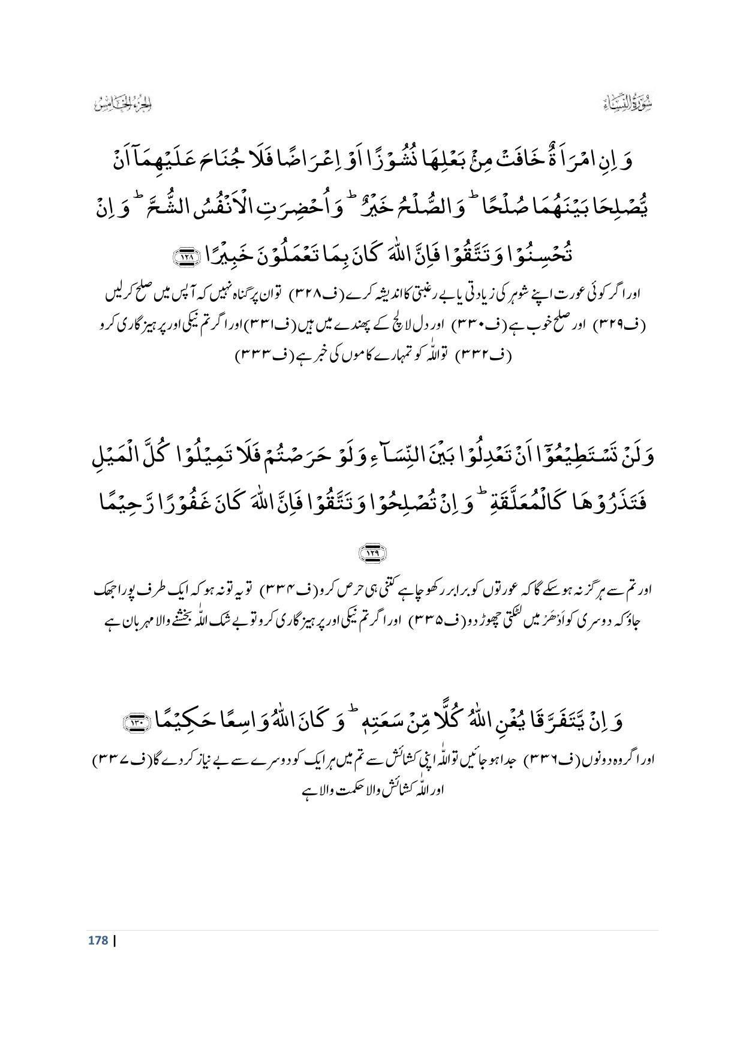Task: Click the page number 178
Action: click(97, 940)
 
